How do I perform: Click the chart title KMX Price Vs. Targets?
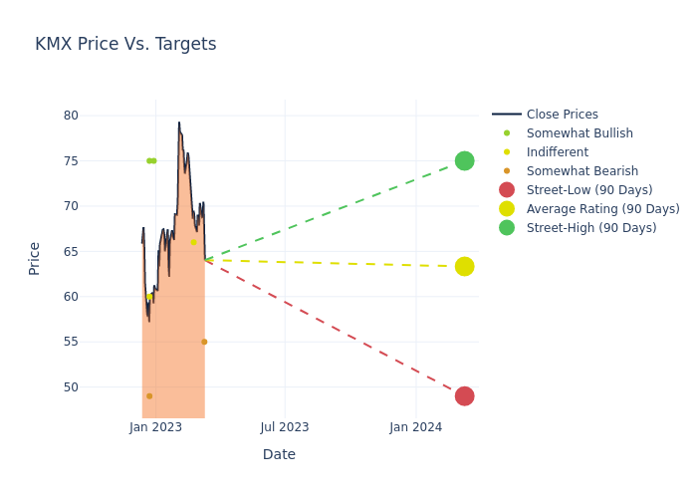click(x=125, y=45)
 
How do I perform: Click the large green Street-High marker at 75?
click(x=464, y=161)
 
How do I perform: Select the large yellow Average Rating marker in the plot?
click(x=464, y=267)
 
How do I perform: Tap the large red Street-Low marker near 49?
click(x=464, y=396)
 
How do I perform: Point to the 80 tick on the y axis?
click(x=71, y=116)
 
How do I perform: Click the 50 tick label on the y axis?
click(x=71, y=387)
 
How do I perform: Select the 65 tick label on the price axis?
click(x=71, y=252)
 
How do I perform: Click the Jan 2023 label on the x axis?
click(x=155, y=427)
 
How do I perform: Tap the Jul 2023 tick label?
click(x=285, y=427)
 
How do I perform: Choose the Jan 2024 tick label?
click(x=416, y=427)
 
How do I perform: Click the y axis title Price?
click(x=35, y=258)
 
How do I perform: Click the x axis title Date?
click(x=279, y=455)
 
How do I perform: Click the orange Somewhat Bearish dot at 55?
click(x=204, y=342)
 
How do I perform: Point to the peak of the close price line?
click(x=179, y=123)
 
